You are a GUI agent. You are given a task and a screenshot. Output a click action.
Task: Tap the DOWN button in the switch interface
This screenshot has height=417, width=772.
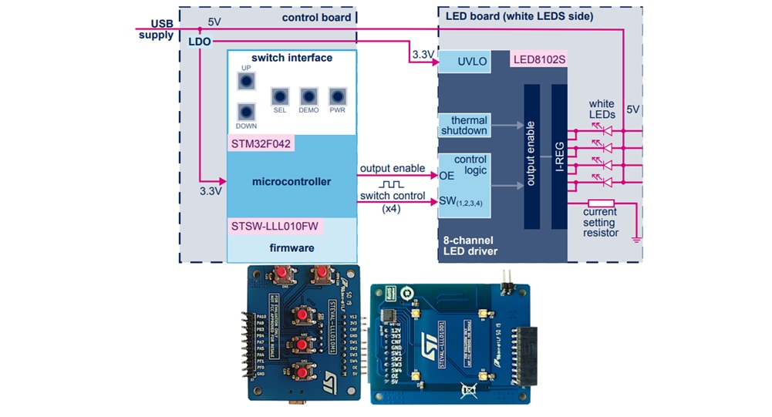coord(246,113)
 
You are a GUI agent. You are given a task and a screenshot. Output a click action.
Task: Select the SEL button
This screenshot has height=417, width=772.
coord(280,96)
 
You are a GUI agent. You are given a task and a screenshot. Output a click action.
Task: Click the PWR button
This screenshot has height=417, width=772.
coord(337,96)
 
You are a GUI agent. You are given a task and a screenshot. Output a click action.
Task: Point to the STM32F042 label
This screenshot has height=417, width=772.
coord(261,143)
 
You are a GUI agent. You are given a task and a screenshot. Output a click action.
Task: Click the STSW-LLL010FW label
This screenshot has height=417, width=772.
coord(275,226)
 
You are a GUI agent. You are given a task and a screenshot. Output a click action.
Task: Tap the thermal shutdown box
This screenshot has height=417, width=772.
coord(464,125)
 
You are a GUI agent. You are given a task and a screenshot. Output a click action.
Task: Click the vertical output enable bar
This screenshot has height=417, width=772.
coord(532,156)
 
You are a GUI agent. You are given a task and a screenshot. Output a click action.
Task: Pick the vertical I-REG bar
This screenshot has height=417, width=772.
coord(559,156)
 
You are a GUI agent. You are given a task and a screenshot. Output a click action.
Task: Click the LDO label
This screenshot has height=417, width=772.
coord(199,41)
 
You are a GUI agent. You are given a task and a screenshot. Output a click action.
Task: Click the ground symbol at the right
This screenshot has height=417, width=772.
coord(635,239)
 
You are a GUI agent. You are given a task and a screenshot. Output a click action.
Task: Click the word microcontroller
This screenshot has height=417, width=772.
coord(292,182)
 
